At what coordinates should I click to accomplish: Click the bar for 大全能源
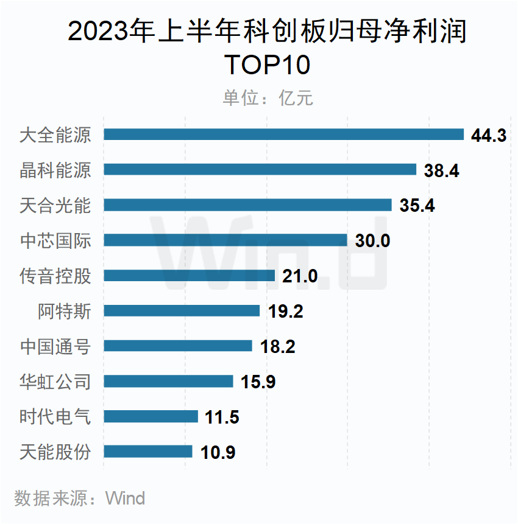point(283,134)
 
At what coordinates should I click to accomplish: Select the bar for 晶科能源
point(260,170)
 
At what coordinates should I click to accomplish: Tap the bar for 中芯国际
point(225,240)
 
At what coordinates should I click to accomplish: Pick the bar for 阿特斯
point(182,310)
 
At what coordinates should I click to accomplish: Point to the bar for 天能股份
point(148,452)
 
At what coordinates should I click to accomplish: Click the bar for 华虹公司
point(168,381)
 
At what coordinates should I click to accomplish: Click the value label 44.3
point(489,135)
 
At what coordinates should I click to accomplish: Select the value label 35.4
point(417,206)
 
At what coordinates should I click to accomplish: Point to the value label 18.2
point(277,346)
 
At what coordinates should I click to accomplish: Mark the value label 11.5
point(222,417)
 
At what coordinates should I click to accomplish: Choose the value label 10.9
point(218,452)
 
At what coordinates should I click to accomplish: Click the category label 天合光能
point(55,205)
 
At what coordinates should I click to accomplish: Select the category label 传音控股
point(55,276)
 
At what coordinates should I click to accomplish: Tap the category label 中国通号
point(55,346)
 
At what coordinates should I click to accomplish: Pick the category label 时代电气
point(55,417)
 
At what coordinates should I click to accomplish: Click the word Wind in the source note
point(125,498)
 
